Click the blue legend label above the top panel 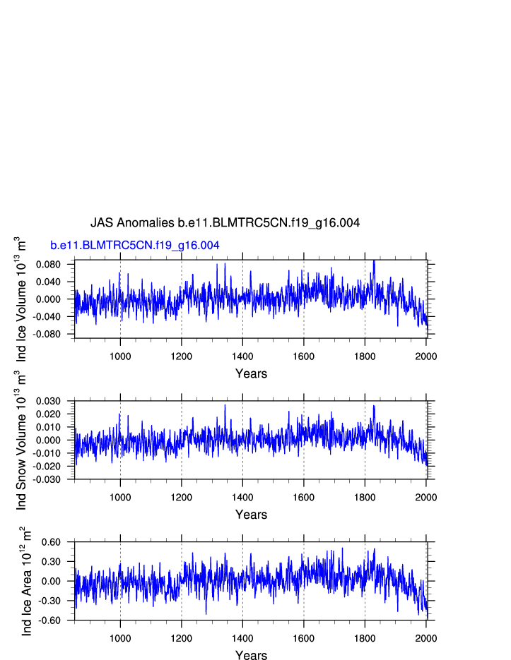tap(134, 245)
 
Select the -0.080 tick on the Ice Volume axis tap(57, 334)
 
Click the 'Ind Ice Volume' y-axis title tap(21, 299)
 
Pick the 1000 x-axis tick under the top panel tap(120, 356)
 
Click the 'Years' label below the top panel tap(251, 373)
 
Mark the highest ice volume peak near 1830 tap(374, 262)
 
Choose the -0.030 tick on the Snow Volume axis tap(57, 479)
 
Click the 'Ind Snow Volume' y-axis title tap(21, 440)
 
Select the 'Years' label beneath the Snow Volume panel tap(251, 515)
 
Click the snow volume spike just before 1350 tap(225, 405)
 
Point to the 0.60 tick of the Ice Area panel tap(61, 542)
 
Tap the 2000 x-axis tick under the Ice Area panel tap(426, 638)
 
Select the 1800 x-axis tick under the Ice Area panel tap(365, 638)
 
